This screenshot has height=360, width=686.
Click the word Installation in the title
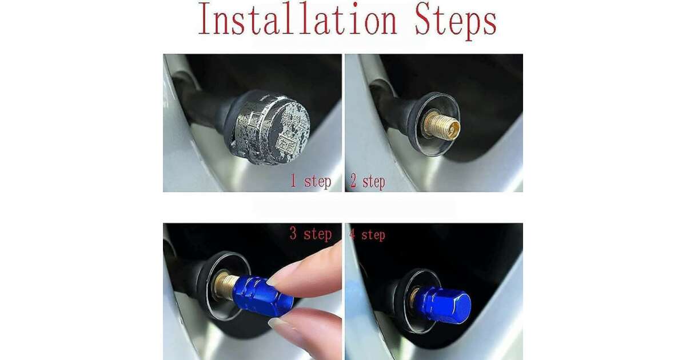pyautogui.click(x=298, y=19)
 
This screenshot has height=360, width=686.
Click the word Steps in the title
pyautogui.click(x=456, y=22)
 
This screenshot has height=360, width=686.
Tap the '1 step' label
pyautogui.click(x=310, y=182)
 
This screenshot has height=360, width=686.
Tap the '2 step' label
pyautogui.click(x=368, y=182)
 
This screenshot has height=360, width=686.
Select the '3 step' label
pyautogui.click(x=310, y=234)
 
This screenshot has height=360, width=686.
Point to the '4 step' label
pyautogui.click(x=367, y=235)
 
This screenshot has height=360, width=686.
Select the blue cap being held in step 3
pyautogui.click(x=263, y=296)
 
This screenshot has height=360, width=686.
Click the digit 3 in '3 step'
pyautogui.click(x=293, y=234)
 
